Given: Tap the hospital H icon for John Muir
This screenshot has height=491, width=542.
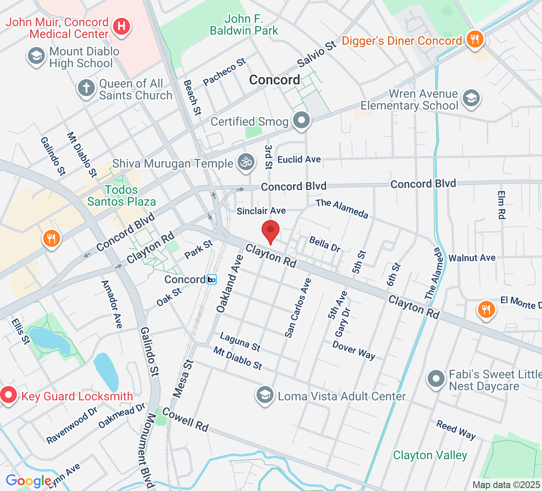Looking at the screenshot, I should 122,27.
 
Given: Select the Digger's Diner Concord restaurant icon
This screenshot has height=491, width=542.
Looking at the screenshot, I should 475,40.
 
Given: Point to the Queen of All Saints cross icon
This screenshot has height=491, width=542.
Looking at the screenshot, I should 86,88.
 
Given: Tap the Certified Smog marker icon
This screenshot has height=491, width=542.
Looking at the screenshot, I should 301,120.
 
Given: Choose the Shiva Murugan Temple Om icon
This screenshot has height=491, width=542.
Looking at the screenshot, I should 246,162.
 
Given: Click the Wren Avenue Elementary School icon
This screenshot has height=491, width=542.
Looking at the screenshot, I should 471,99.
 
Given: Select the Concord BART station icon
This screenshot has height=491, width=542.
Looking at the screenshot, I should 212,279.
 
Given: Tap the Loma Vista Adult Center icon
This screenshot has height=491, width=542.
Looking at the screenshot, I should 265,395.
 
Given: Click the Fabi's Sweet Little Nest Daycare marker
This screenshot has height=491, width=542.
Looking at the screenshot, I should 436,379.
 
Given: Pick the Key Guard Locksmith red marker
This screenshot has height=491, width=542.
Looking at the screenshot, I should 8,395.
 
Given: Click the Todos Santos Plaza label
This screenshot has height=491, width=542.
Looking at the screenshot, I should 122,196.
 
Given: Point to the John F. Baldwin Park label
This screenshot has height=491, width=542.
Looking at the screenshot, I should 244,25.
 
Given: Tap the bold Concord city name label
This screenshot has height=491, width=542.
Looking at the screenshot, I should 274,80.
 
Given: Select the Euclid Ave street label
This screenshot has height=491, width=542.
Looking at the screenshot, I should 299,160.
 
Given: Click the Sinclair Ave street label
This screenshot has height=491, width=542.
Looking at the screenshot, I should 261,211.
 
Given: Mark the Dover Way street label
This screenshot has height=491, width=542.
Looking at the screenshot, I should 354,350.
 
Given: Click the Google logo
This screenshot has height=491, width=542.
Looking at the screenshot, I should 28,481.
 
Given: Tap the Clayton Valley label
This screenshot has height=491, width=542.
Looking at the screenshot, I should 430,455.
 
